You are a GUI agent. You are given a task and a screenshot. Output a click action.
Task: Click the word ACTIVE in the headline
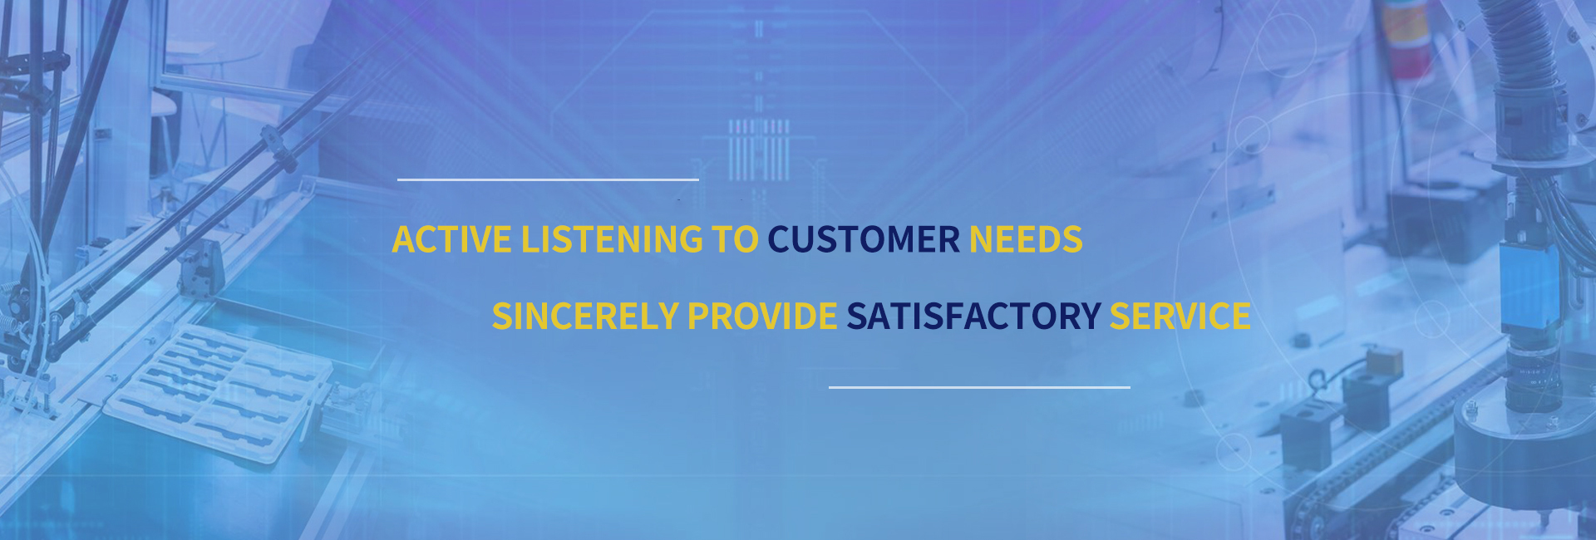coord(451,239)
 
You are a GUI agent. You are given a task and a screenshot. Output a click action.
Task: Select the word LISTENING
coord(612,239)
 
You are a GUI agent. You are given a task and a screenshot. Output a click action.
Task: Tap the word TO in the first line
coord(735,239)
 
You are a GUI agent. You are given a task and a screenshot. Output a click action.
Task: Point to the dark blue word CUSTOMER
coord(864,239)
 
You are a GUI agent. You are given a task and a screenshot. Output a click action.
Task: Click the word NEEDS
coord(1026,239)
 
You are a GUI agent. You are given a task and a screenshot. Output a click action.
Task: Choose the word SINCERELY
coord(585,316)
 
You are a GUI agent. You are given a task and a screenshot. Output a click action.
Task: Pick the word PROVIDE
coord(762,316)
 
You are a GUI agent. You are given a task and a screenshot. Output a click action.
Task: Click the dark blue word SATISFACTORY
coord(973,316)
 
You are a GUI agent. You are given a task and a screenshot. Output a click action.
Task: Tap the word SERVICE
coord(1180,316)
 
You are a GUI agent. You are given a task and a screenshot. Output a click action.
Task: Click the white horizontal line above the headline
coord(548,179)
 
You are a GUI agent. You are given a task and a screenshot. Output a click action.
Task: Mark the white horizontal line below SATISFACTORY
coord(979,387)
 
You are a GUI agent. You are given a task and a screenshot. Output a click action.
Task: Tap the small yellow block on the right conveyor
coord(1384,362)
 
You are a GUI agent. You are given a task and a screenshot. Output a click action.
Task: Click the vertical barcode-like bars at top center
coord(758,150)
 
